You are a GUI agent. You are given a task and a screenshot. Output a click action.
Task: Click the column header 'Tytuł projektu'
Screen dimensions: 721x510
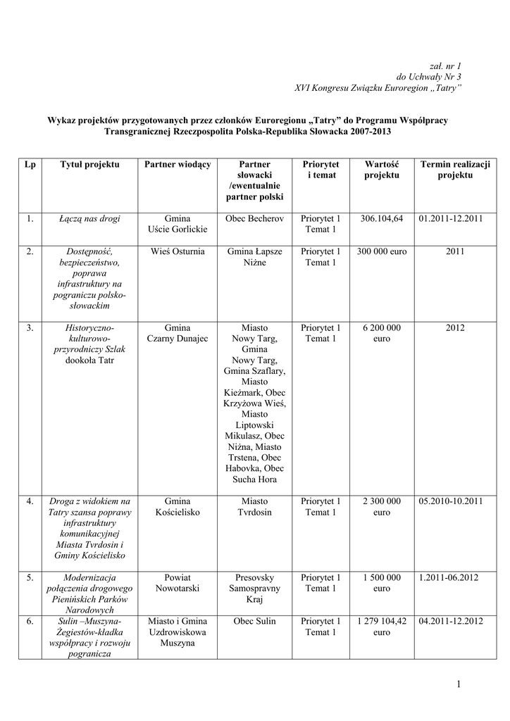[x=89, y=164]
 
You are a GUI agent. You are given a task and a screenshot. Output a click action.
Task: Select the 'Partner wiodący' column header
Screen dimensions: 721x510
[x=178, y=164]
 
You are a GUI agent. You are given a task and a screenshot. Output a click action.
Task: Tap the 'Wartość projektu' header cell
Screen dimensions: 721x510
[x=382, y=169]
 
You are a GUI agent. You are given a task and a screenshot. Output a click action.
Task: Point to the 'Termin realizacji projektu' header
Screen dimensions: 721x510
[x=455, y=169]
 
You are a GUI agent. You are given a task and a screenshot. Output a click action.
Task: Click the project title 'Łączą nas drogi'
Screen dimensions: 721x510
[x=89, y=219]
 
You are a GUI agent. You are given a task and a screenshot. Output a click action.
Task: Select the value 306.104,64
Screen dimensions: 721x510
[x=381, y=219]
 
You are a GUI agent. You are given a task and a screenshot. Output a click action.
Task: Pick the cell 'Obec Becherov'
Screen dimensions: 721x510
[x=254, y=219]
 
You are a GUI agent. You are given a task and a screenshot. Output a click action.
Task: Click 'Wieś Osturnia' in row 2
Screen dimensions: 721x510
[x=178, y=251]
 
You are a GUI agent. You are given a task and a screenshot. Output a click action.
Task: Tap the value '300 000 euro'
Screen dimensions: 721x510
[x=381, y=251]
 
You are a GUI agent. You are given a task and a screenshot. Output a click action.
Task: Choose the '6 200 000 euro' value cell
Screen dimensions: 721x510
[x=381, y=333]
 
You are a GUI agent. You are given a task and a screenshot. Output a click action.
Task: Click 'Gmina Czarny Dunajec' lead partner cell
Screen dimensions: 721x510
[x=178, y=333]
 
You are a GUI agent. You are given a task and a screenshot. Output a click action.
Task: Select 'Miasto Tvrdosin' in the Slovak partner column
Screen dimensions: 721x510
[x=254, y=507]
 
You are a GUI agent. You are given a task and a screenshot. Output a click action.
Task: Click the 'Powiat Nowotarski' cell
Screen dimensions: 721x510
[x=178, y=583]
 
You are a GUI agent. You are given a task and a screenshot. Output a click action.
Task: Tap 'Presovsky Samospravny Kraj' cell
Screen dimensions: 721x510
[x=254, y=588]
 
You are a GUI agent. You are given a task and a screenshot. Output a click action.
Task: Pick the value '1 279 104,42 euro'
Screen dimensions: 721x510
[x=381, y=627]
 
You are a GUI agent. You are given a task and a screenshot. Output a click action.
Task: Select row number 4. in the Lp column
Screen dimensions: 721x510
[x=30, y=501]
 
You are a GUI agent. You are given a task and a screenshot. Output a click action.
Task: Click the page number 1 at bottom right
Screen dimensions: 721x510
[x=458, y=684]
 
